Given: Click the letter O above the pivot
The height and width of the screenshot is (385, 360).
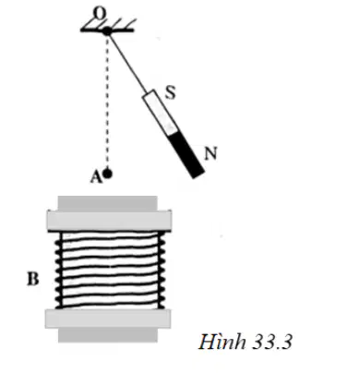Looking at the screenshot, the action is (100, 13).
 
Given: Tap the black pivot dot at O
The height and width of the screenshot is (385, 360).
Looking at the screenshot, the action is (107, 30).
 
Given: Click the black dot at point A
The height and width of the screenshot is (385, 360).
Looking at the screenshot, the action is (107, 174).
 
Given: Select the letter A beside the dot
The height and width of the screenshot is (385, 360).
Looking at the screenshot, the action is (96, 177).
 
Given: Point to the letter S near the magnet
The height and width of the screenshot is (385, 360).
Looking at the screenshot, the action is (170, 92).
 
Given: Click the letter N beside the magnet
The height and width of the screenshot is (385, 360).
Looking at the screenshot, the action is (211, 153).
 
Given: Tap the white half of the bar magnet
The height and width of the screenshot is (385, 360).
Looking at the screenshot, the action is (160, 113).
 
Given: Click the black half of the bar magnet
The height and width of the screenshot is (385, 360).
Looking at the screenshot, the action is (186, 155).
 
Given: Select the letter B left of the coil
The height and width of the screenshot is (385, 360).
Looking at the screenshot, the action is (33, 280).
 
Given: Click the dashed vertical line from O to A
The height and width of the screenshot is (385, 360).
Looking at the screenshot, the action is (107, 102).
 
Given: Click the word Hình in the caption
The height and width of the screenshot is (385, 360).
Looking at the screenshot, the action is (222, 342).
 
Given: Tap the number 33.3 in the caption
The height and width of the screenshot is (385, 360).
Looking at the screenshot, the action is (272, 342).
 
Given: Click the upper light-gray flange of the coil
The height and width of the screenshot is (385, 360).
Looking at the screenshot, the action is (109, 221).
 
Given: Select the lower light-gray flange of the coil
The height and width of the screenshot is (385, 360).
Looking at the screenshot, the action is (108, 319).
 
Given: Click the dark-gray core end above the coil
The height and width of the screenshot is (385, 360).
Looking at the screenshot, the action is (107, 203).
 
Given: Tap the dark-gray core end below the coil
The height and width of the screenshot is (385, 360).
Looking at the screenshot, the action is (108, 335).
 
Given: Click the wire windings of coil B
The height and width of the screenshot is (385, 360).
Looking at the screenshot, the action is (110, 270).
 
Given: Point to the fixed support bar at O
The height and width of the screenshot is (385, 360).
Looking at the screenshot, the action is (107, 30).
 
